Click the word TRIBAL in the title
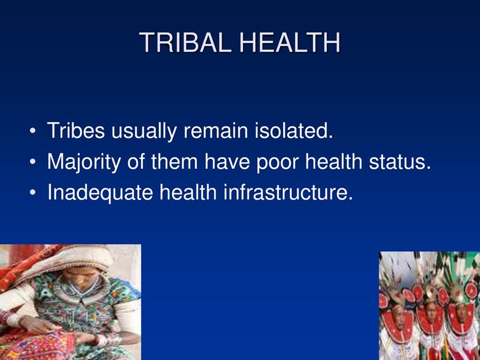[185, 43]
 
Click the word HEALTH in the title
[290, 43]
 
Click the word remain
[216, 130]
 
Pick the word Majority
[84, 162]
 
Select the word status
[400, 161]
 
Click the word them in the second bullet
[175, 161]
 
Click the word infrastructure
[288, 192]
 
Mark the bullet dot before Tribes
[33, 131]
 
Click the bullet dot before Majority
[33, 162]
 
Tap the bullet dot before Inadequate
[33, 193]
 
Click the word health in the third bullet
[188, 192]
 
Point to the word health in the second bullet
[334, 161]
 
